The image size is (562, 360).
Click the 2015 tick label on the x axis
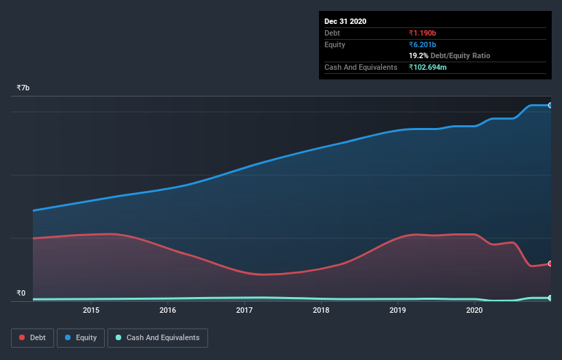91,311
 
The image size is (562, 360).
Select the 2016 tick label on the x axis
168,311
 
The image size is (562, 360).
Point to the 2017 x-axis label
244,311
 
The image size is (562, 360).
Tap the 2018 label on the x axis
321,311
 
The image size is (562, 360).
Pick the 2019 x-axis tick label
398,311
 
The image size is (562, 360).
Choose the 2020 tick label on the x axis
474,311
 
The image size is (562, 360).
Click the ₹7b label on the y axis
23,88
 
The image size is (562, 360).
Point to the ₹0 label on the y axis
21,294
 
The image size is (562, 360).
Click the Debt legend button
32,337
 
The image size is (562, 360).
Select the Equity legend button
80,337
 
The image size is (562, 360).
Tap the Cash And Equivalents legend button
157,337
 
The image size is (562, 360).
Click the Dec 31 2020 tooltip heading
346,21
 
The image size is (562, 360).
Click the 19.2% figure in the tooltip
418,56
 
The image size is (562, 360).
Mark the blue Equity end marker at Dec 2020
550,105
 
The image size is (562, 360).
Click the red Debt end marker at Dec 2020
550,263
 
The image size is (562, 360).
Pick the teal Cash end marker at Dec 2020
550,298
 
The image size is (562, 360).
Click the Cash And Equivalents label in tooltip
361,67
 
